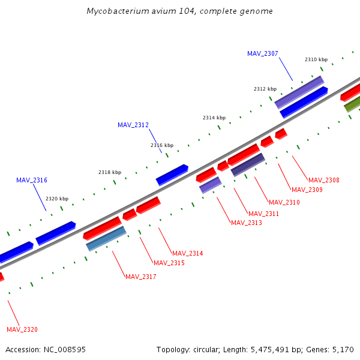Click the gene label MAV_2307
263,53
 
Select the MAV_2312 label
133,125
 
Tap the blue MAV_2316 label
32,180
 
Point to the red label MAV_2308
324,180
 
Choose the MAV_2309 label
307,190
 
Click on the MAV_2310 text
284,202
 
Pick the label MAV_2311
264,214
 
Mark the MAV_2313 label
247,223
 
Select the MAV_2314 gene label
188,253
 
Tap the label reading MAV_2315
169,263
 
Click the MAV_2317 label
141,277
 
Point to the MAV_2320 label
22,329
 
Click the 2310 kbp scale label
316,59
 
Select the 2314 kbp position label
214,118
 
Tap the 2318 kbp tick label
110,172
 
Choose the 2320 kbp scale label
57,199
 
